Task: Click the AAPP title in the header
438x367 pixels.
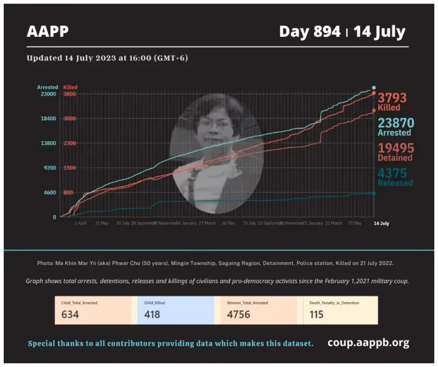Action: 48,32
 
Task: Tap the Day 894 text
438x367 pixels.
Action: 309,32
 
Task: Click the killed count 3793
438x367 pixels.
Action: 392,98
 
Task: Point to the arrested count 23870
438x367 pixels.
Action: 396,123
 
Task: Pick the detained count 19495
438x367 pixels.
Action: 396,148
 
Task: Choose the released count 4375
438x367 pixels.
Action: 393,173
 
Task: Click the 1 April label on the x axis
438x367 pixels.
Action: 81,223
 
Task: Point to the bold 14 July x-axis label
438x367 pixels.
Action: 381,223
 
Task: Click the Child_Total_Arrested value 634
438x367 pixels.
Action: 70,314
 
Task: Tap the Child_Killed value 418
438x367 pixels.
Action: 152,314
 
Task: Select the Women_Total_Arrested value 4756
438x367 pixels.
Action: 238,314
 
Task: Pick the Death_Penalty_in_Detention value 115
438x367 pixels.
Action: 317,314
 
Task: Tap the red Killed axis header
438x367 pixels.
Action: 71,87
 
